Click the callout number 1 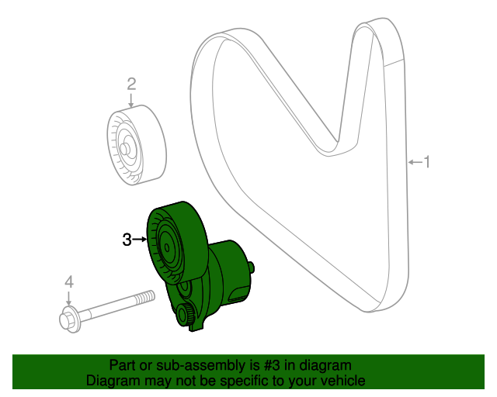tap(427, 162)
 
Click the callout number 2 tap(131, 85)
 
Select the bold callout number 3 tap(127, 240)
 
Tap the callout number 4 tap(69, 281)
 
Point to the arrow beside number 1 tap(415, 162)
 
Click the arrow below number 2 tap(130, 100)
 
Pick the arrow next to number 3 tap(140, 240)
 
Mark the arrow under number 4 tap(68, 299)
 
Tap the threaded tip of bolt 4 tap(146, 298)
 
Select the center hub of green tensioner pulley tap(167, 247)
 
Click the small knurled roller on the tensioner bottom tap(186, 314)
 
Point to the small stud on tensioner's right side tap(252, 268)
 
